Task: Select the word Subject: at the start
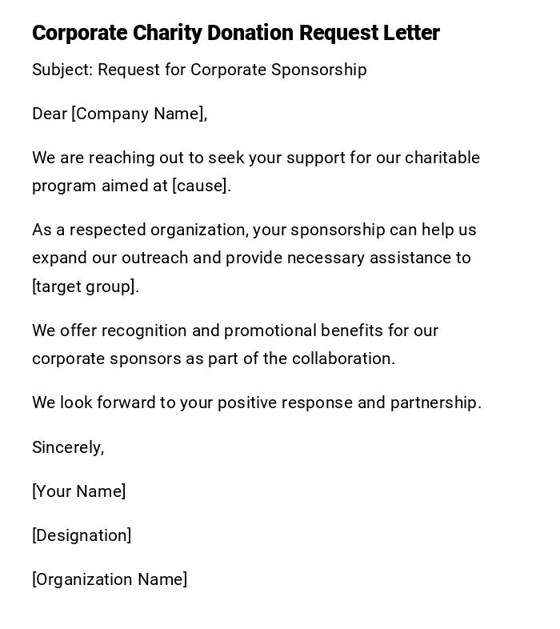pyautogui.click(x=62, y=70)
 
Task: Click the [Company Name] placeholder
pyautogui.click(x=139, y=114)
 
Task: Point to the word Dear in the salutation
pyautogui.click(x=49, y=114)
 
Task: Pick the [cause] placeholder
pyautogui.click(x=202, y=186)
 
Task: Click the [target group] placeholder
pyautogui.click(x=85, y=286)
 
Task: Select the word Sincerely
pyautogui.click(x=68, y=447)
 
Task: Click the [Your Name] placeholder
pyautogui.click(x=78, y=491)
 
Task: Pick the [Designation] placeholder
pyautogui.click(x=82, y=535)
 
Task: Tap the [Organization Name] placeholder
pyautogui.click(x=110, y=579)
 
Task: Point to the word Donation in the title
pyautogui.click(x=251, y=33)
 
